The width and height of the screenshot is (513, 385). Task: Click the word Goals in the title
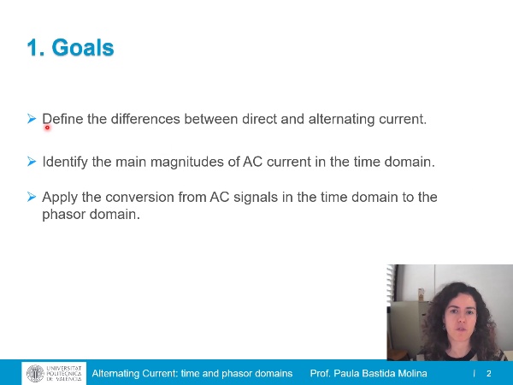83,48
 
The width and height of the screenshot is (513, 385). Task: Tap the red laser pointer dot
47,127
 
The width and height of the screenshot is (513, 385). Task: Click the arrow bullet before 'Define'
32,119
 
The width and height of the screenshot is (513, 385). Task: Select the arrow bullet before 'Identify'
32,161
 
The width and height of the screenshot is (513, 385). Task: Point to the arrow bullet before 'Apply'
32,197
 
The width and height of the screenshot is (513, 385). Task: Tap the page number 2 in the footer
489,374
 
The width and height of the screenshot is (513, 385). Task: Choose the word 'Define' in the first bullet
62,119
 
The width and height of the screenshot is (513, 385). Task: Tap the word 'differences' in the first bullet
125,119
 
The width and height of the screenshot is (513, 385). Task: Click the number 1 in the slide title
32,48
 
